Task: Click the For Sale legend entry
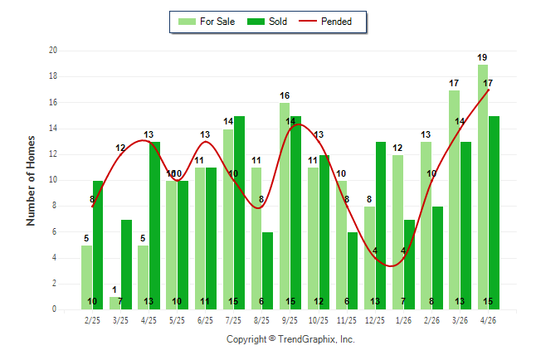(x=207, y=22)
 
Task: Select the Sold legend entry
(x=267, y=22)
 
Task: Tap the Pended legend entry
(x=325, y=22)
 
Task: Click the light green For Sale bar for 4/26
(x=483, y=187)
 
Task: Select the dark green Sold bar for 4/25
(x=154, y=226)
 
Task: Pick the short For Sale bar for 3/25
(x=115, y=304)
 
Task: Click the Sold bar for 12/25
(x=381, y=226)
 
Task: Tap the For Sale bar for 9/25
(x=285, y=207)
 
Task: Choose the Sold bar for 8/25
(x=267, y=270)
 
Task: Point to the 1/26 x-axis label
(x=403, y=320)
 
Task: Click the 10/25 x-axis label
(x=319, y=320)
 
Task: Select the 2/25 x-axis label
(x=92, y=320)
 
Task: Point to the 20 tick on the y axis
(x=53, y=51)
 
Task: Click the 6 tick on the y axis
(x=55, y=231)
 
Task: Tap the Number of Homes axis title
(x=31, y=181)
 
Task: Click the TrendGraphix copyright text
(x=290, y=339)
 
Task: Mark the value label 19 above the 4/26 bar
(x=482, y=57)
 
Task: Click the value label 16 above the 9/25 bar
(x=285, y=95)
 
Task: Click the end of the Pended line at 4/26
(x=489, y=90)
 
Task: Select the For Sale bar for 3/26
(x=455, y=200)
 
